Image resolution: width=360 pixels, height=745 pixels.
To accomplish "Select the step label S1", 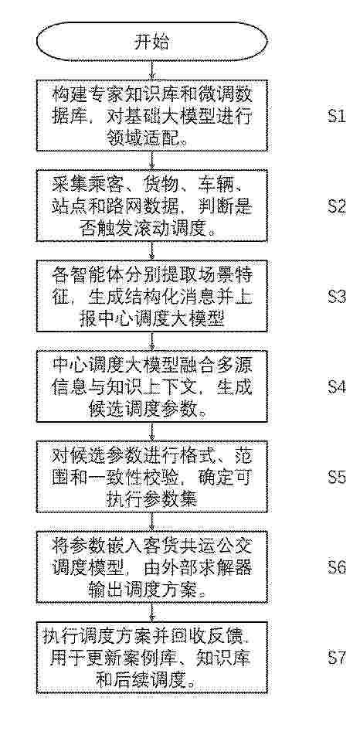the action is [337, 117].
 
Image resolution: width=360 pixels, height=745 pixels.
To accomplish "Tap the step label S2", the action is [337, 206].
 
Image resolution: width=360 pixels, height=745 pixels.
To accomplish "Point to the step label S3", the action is [337, 297].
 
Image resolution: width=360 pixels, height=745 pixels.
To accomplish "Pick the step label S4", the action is [337, 387].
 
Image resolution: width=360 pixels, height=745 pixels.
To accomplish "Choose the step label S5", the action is [337, 478].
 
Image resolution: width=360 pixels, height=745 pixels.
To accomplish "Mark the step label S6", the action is [337, 567].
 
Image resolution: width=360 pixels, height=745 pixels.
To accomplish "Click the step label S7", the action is [337, 658].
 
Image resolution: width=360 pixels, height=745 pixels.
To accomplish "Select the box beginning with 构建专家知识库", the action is [152, 116].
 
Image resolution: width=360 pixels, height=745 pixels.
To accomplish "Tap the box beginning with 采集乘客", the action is [152, 206].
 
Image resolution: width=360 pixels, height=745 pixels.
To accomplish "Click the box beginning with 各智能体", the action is [152, 297].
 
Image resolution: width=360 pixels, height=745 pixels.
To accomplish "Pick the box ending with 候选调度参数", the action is [152, 386].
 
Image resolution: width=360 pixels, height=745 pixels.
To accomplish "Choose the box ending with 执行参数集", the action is [152, 477].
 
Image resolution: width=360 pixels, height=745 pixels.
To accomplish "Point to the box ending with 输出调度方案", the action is [152, 567].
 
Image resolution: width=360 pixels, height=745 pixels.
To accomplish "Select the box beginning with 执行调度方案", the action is [152, 658].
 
